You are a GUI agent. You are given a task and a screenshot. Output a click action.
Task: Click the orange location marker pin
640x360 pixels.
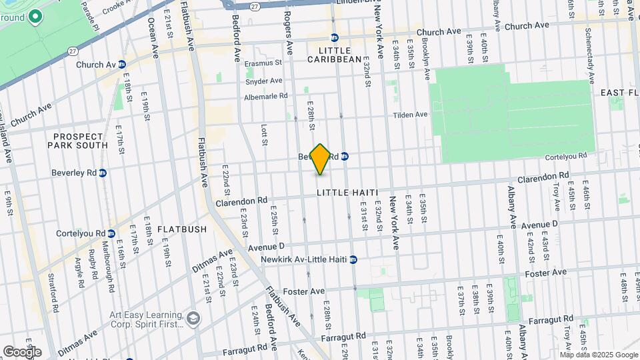320,159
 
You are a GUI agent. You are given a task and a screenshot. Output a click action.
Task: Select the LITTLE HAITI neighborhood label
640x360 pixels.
347,193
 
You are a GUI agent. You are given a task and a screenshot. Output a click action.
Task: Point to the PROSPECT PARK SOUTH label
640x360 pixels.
78,141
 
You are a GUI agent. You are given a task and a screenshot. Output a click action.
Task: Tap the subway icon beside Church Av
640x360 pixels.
122,65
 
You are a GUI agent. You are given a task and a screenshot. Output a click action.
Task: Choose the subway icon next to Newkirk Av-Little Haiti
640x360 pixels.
354,259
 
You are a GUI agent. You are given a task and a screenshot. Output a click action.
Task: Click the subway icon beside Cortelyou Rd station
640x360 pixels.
111,233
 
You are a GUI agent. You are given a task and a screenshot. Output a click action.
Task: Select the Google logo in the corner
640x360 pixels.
22,351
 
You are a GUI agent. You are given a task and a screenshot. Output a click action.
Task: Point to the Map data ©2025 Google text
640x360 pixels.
603,355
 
